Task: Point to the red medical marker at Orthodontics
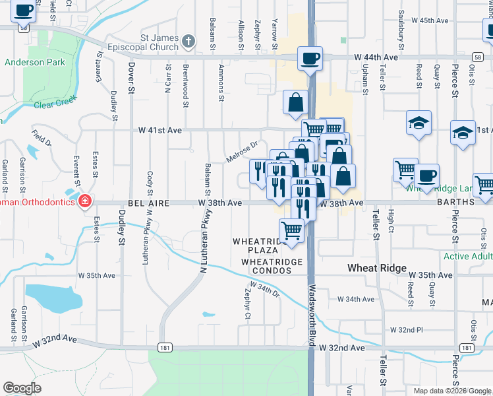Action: tap(84, 201)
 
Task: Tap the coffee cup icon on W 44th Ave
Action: tap(310, 58)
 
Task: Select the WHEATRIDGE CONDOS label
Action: tap(272, 262)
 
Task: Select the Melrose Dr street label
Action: tap(241, 152)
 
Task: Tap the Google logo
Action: tap(22, 388)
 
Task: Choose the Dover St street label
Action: tap(131, 77)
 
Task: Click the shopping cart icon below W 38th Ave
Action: tap(291, 230)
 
